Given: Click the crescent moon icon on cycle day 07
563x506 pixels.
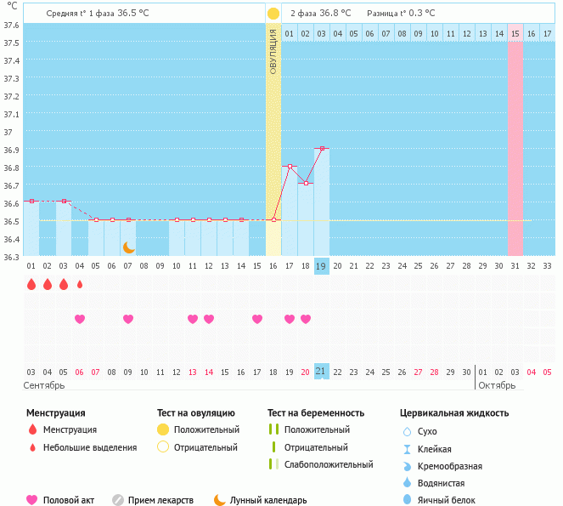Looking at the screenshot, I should [128, 247].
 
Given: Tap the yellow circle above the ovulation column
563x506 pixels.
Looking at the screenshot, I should [273, 14].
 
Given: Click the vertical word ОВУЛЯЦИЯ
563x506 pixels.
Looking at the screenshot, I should [273, 51].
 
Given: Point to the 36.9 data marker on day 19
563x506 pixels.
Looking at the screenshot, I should [322, 148].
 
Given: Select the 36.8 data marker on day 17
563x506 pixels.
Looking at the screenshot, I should [290, 166].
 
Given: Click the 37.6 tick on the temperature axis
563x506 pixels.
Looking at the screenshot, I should [11, 25].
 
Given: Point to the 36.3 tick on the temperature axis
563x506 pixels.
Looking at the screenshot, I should [11, 256].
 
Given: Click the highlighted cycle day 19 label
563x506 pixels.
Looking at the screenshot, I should [322, 266].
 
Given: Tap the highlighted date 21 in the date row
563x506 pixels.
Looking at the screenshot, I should [322, 372].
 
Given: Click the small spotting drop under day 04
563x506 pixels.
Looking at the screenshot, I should [80, 284].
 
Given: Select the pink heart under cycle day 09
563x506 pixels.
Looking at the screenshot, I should [128, 319].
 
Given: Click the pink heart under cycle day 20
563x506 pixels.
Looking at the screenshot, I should [306, 319].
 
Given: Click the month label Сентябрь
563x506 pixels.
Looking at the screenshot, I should [44, 385].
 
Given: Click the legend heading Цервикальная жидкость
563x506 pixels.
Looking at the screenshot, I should [454, 413].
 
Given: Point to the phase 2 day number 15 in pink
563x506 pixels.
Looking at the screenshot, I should [515, 33].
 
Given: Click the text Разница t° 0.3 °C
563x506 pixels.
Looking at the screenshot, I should [401, 14].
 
